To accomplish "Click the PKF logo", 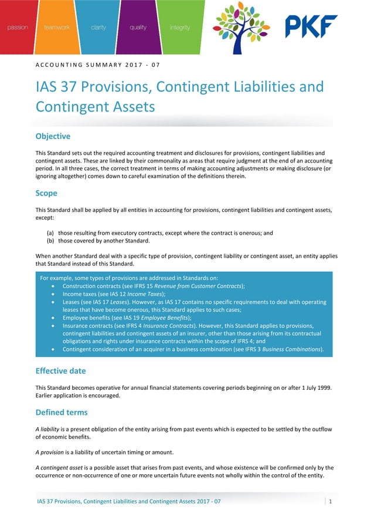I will point(311,26).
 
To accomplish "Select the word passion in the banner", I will point(18,28).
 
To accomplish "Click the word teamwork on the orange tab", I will point(56,28).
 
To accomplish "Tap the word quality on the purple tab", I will point(138,28).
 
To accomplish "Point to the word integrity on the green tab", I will point(179,28).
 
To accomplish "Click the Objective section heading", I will point(53,136).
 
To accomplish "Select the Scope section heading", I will point(46,193).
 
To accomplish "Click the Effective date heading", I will point(60,370).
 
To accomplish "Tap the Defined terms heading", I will point(62,413).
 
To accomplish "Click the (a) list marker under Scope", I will point(50,233).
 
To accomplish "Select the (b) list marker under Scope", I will point(50,241).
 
